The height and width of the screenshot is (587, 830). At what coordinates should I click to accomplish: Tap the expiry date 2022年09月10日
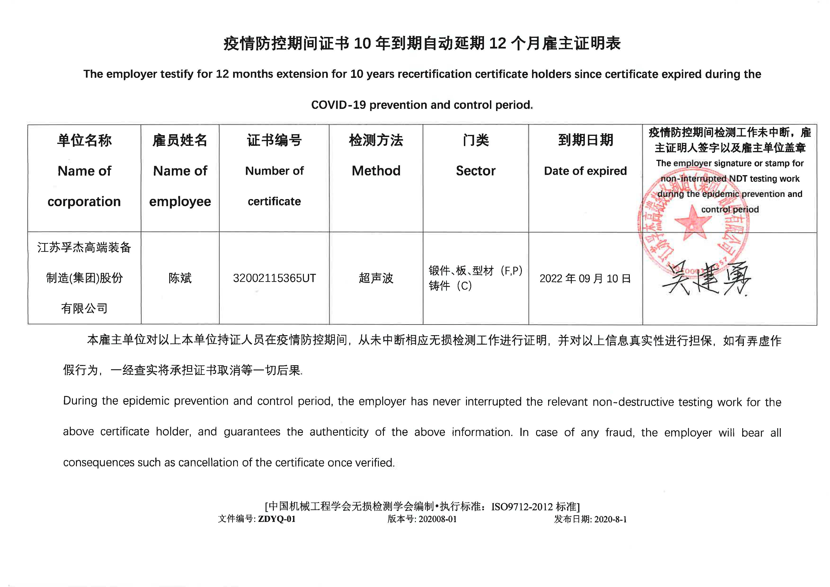(x=585, y=279)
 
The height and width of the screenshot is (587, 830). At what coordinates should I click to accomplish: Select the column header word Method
(x=376, y=171)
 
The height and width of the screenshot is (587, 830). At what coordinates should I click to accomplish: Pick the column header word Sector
(x=475, y=171)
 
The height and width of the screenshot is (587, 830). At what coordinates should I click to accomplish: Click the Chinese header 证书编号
(x=274, y=140)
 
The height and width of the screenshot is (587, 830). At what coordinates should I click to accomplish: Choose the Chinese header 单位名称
(x=84, y=140)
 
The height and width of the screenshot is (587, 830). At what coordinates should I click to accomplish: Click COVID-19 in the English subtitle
(x=338, y=105)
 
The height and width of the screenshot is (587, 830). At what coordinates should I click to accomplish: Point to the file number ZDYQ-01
(x=277, y=519)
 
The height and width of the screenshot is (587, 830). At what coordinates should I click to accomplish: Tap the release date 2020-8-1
(x=610, y=519)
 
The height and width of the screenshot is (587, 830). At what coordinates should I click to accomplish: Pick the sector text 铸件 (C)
(x=450, y=286)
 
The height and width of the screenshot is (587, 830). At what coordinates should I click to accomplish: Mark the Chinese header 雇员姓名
(x=180, y=140)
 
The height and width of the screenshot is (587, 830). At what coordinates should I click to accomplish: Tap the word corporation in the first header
(x=84, y=201)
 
